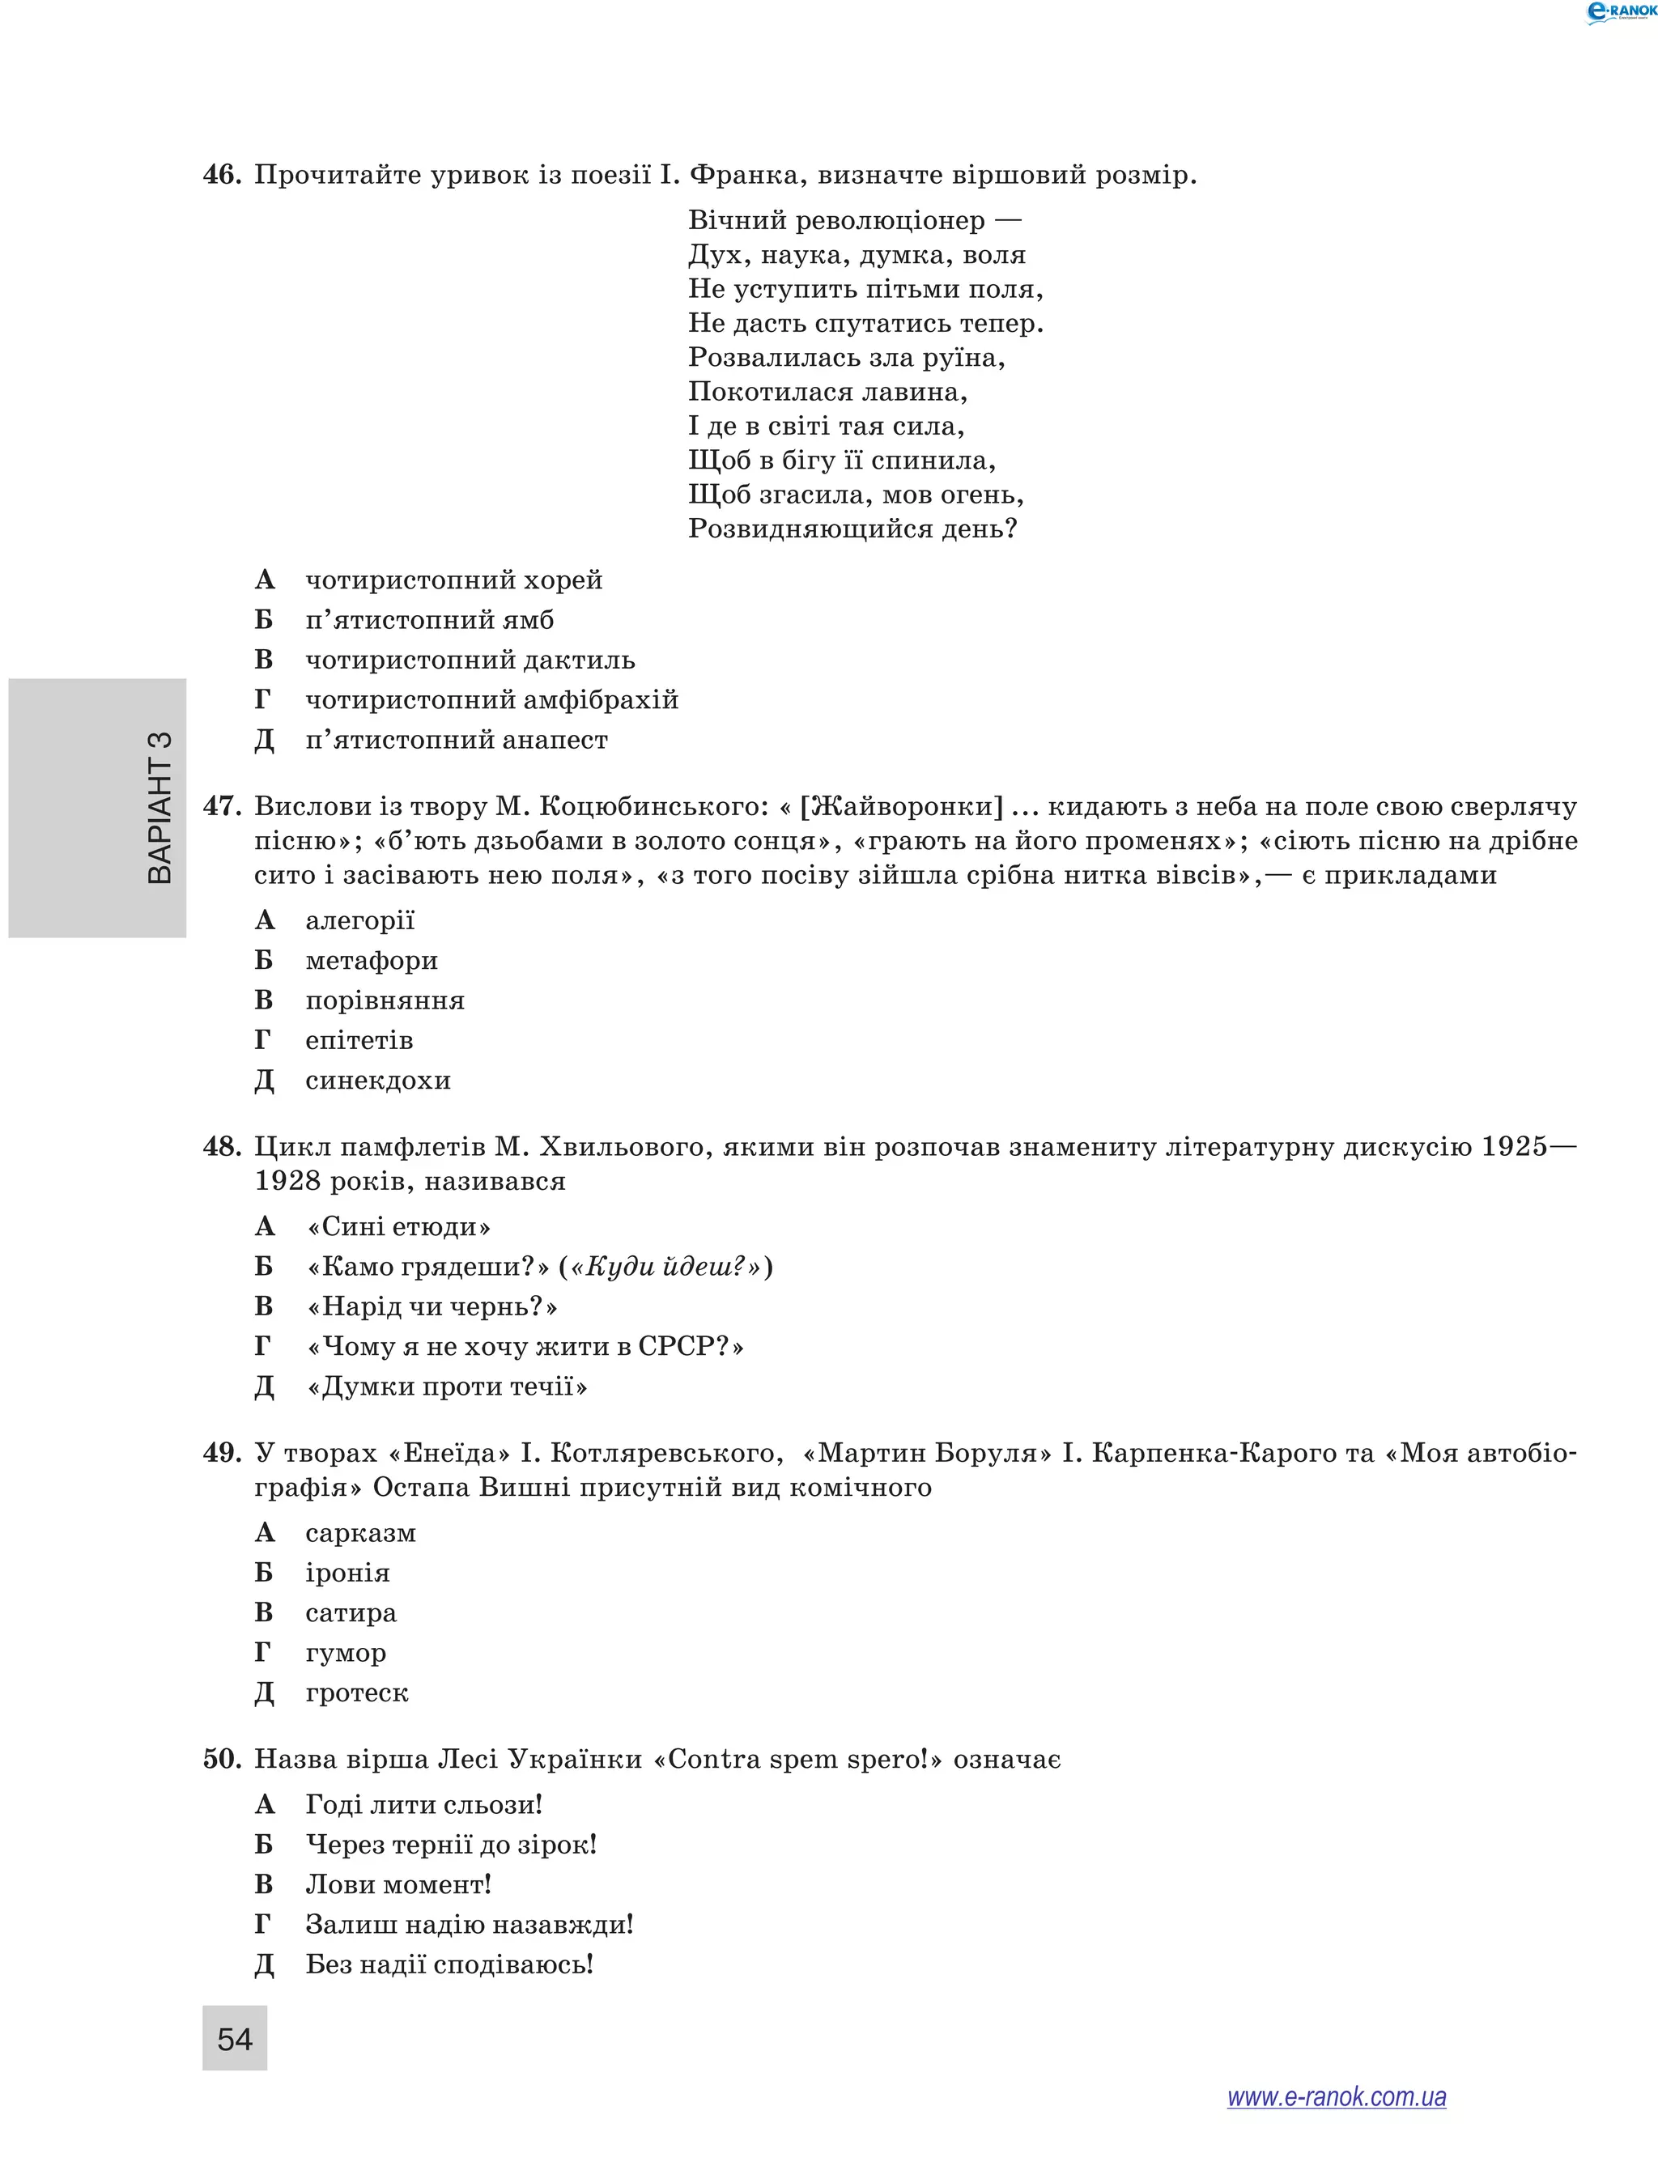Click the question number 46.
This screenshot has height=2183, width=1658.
[x=221, y=175]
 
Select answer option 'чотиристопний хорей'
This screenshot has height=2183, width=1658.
[x=453, y=580]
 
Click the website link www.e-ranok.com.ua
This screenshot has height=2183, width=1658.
[x=1337, y=2096]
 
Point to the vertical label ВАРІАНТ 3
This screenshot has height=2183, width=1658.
[x=159, y=807]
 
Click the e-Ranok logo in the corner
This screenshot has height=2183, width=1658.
[x=1619, y=12]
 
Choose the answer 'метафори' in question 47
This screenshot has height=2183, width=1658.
[x=371, y=959]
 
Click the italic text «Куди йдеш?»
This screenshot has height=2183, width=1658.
[x=666, y=1266]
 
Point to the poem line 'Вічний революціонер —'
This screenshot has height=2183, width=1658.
[x=853, y=220]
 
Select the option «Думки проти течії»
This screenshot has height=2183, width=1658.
[x=447, y=1386]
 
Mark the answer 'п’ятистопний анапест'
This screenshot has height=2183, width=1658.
[x=456, y=739]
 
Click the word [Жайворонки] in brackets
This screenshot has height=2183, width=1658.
[x=900, y=806]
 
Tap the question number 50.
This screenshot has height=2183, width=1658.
[x=221, y=1759]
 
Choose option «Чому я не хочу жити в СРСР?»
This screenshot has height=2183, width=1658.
[x=525, y=1346]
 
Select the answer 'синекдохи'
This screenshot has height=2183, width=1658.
[x=377, y=1080]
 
